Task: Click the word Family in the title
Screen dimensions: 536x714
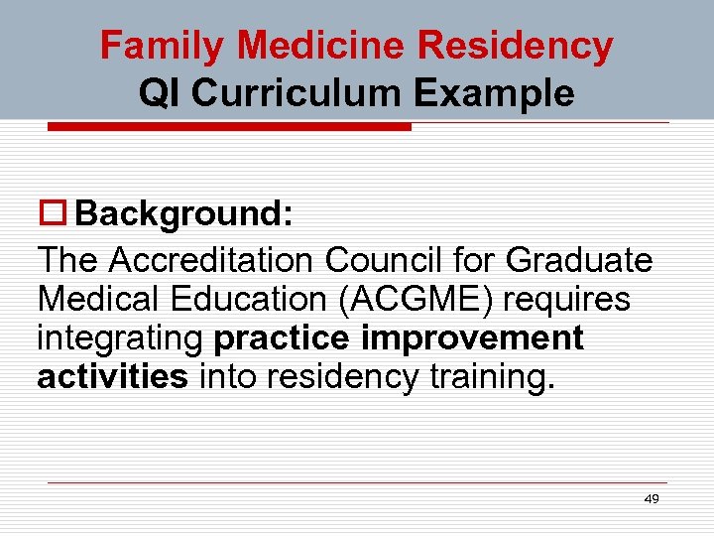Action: [164, 46]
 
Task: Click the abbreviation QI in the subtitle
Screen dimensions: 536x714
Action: [161, 92]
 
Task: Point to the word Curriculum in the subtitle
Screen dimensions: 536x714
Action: [297, 92]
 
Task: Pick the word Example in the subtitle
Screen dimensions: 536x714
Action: [494, 92]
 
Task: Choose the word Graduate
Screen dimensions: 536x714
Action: [578, 260]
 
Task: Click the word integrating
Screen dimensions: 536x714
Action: [121, 338]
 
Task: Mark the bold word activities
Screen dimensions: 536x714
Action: [112, 377]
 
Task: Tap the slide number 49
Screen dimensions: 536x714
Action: [651, 499]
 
